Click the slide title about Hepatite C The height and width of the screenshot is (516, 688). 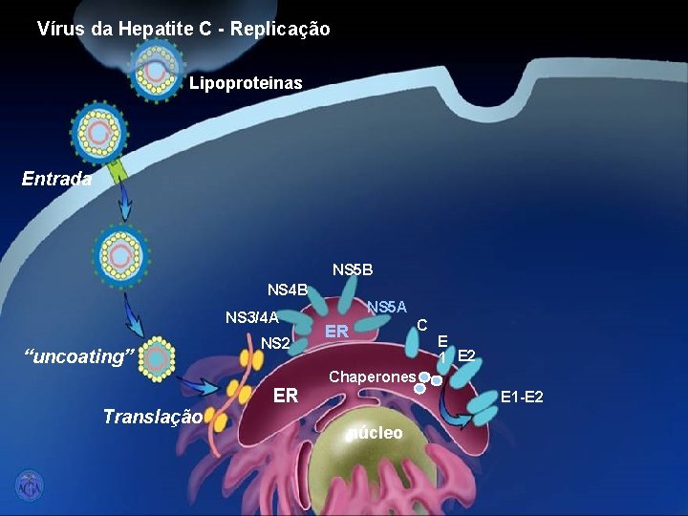[x=183, y=29]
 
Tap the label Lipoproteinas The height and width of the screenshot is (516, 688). [x=246, y=83]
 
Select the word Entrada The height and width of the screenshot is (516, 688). [x=57, y=178]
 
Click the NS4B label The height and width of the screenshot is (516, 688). [x=288, y=290]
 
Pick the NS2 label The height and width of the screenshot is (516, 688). [x=275, y=342]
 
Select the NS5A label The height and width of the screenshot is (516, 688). [x=387, y=307]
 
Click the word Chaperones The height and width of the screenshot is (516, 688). [x=373, y=376]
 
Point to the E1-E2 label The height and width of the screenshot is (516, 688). [x=523, y=396]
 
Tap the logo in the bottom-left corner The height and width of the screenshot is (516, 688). [x=29, y=484]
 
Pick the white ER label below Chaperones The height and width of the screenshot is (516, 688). [x=286, y=396]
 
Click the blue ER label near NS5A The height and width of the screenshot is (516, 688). [x=335, y=332]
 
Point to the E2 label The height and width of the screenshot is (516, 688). [x=467, y=356]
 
